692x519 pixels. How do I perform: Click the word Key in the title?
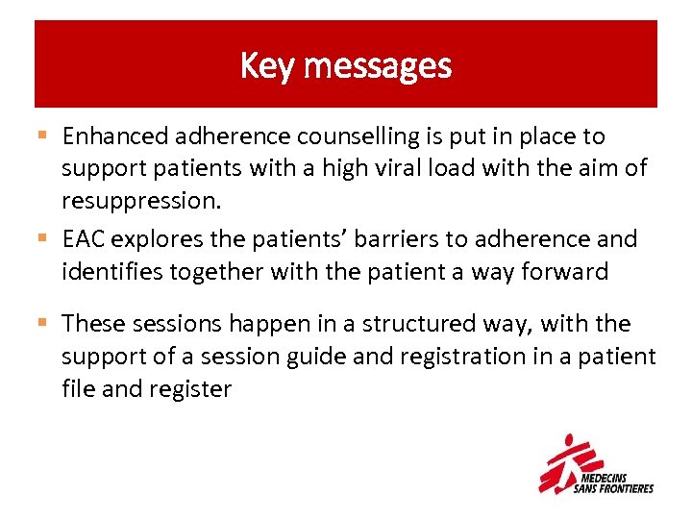259,66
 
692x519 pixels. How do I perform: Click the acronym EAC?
82,239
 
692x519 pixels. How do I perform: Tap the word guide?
315,357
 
